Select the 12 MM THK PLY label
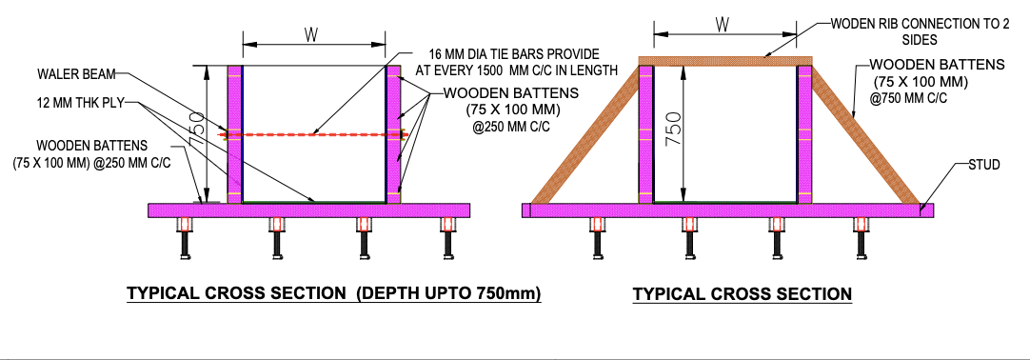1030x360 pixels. (78, 103)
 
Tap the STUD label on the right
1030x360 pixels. (984, 165)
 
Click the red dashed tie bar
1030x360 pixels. (315, 134)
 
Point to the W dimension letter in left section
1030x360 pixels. (311, 35)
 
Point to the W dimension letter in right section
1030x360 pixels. (722, 25)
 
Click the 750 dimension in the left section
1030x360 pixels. (218, 124)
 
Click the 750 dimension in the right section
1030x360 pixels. (677, 130)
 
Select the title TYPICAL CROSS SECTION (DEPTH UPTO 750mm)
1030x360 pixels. (334, 293)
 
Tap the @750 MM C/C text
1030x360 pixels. (908, 98)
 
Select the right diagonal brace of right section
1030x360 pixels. (868, 134)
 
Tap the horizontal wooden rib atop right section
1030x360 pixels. (726, 60)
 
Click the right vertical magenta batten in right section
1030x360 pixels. (804, 134)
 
